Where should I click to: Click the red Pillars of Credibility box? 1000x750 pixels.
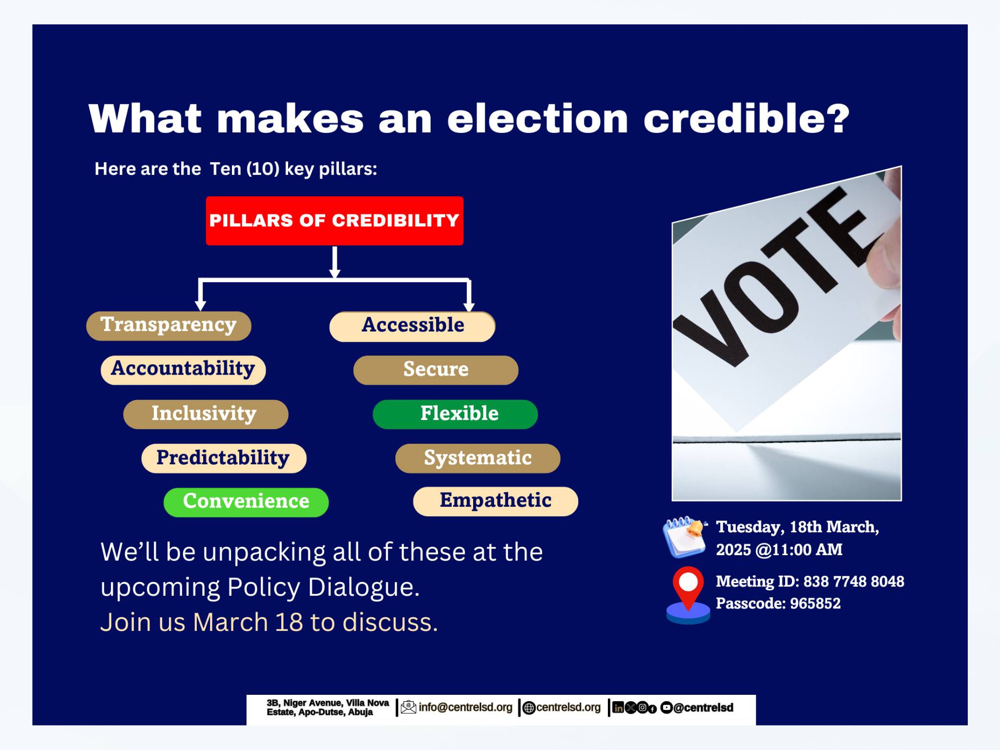[x=334, y=221]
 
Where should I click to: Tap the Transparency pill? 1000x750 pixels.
[x=169, y=326]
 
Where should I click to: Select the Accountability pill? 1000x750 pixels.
[x=183, y=370]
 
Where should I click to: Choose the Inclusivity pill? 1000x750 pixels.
[x=206, y=415]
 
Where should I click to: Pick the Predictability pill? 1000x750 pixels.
[x=224, y=458]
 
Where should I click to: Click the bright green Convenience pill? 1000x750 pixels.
[x=246, y=502]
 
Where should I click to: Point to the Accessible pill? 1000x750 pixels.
[x=413, y=327]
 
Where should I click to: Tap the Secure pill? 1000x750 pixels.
[x=436, y=370]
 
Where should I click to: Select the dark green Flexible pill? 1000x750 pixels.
[x=456, y=415]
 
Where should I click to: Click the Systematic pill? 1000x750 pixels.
[x=478, y=458]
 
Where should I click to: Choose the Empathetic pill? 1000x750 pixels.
[x=496, y=501]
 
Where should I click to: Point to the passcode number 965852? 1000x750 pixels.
[x=815, y=604]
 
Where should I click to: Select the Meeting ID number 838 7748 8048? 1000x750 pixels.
[x=854, y=582]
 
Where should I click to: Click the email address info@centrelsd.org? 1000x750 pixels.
[x=465, y=708]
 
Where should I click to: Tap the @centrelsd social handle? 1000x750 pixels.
[x=703, y=708]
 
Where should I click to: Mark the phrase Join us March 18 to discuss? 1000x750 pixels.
[x=269, y=623]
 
